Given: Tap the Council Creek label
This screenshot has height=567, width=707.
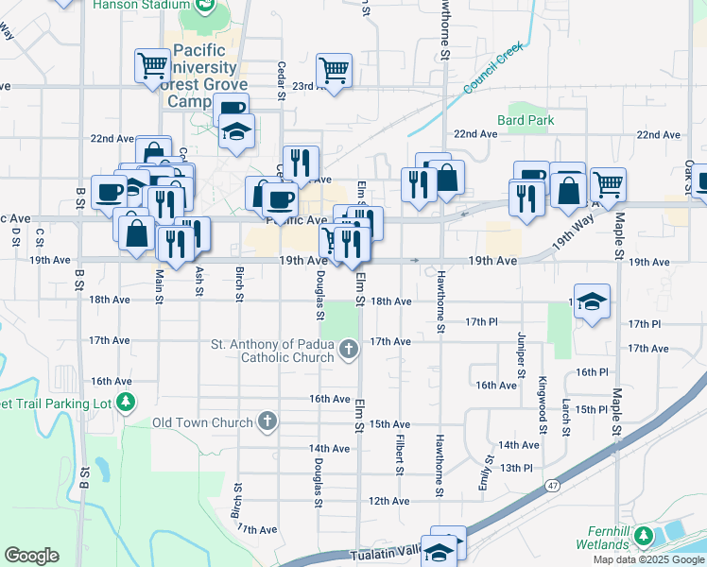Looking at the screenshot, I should (x=492, y=70).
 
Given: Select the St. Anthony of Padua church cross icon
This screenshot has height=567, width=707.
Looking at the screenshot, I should (x=349, y=351).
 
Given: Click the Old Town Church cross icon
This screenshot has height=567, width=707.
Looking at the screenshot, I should (x=267, y=422).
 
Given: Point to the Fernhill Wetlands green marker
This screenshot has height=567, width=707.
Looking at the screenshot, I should (x=644, y=537).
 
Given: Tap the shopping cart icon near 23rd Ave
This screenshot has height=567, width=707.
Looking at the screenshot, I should (x=334, y=70).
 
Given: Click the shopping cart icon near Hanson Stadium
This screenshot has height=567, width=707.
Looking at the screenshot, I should (x=152, y=66).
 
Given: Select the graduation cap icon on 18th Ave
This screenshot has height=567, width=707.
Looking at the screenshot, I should (x=592, y=301).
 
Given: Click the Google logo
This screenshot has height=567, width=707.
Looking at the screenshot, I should (x=31, y=556).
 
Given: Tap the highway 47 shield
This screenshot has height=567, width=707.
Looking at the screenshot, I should (x=552, y=485).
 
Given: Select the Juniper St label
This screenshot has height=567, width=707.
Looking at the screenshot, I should (x=521, y=354).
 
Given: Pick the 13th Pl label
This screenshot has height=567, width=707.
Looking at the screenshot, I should (x=517, y=468).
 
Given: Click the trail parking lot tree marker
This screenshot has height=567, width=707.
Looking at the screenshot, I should (x=125, y=404).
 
